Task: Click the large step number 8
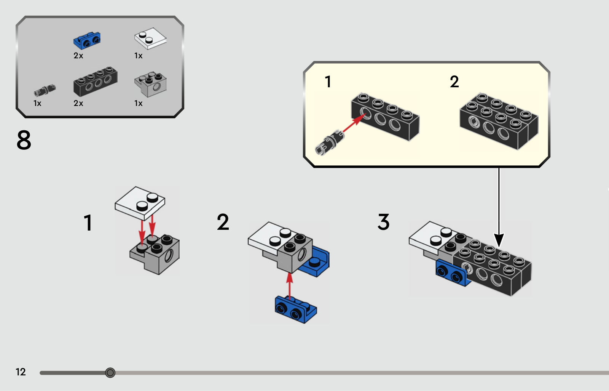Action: pyautogui.click(x=24, y=140)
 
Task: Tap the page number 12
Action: pyautogui.click(x=21, y=372)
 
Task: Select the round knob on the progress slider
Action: pyautogui.click(x=110, y=373)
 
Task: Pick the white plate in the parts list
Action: pyautogui.click(x=150, y=38)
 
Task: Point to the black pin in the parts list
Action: pyautogui.click(x=45, y=91)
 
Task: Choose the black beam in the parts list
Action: pyautogui.click(x=95, y=82)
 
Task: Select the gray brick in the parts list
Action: pyautogui.click(x=150, y=84)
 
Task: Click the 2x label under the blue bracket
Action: pyautogui.click(x=78, y=56)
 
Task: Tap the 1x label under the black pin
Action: pyautogui.click(x=37, y=103)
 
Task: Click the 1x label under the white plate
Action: pyautogui.click(x=138, y=56)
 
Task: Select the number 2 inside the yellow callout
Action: pyautogui.click(x=454, y=82)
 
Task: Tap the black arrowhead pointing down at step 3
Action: pyautogui.click(x=499, y=240)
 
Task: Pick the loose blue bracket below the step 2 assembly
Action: pyautogui.click(x=296, y=309)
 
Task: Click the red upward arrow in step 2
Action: pyautogui.click(x=290, y=285)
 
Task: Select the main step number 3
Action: pyautogui.click(x=383, y=222)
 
